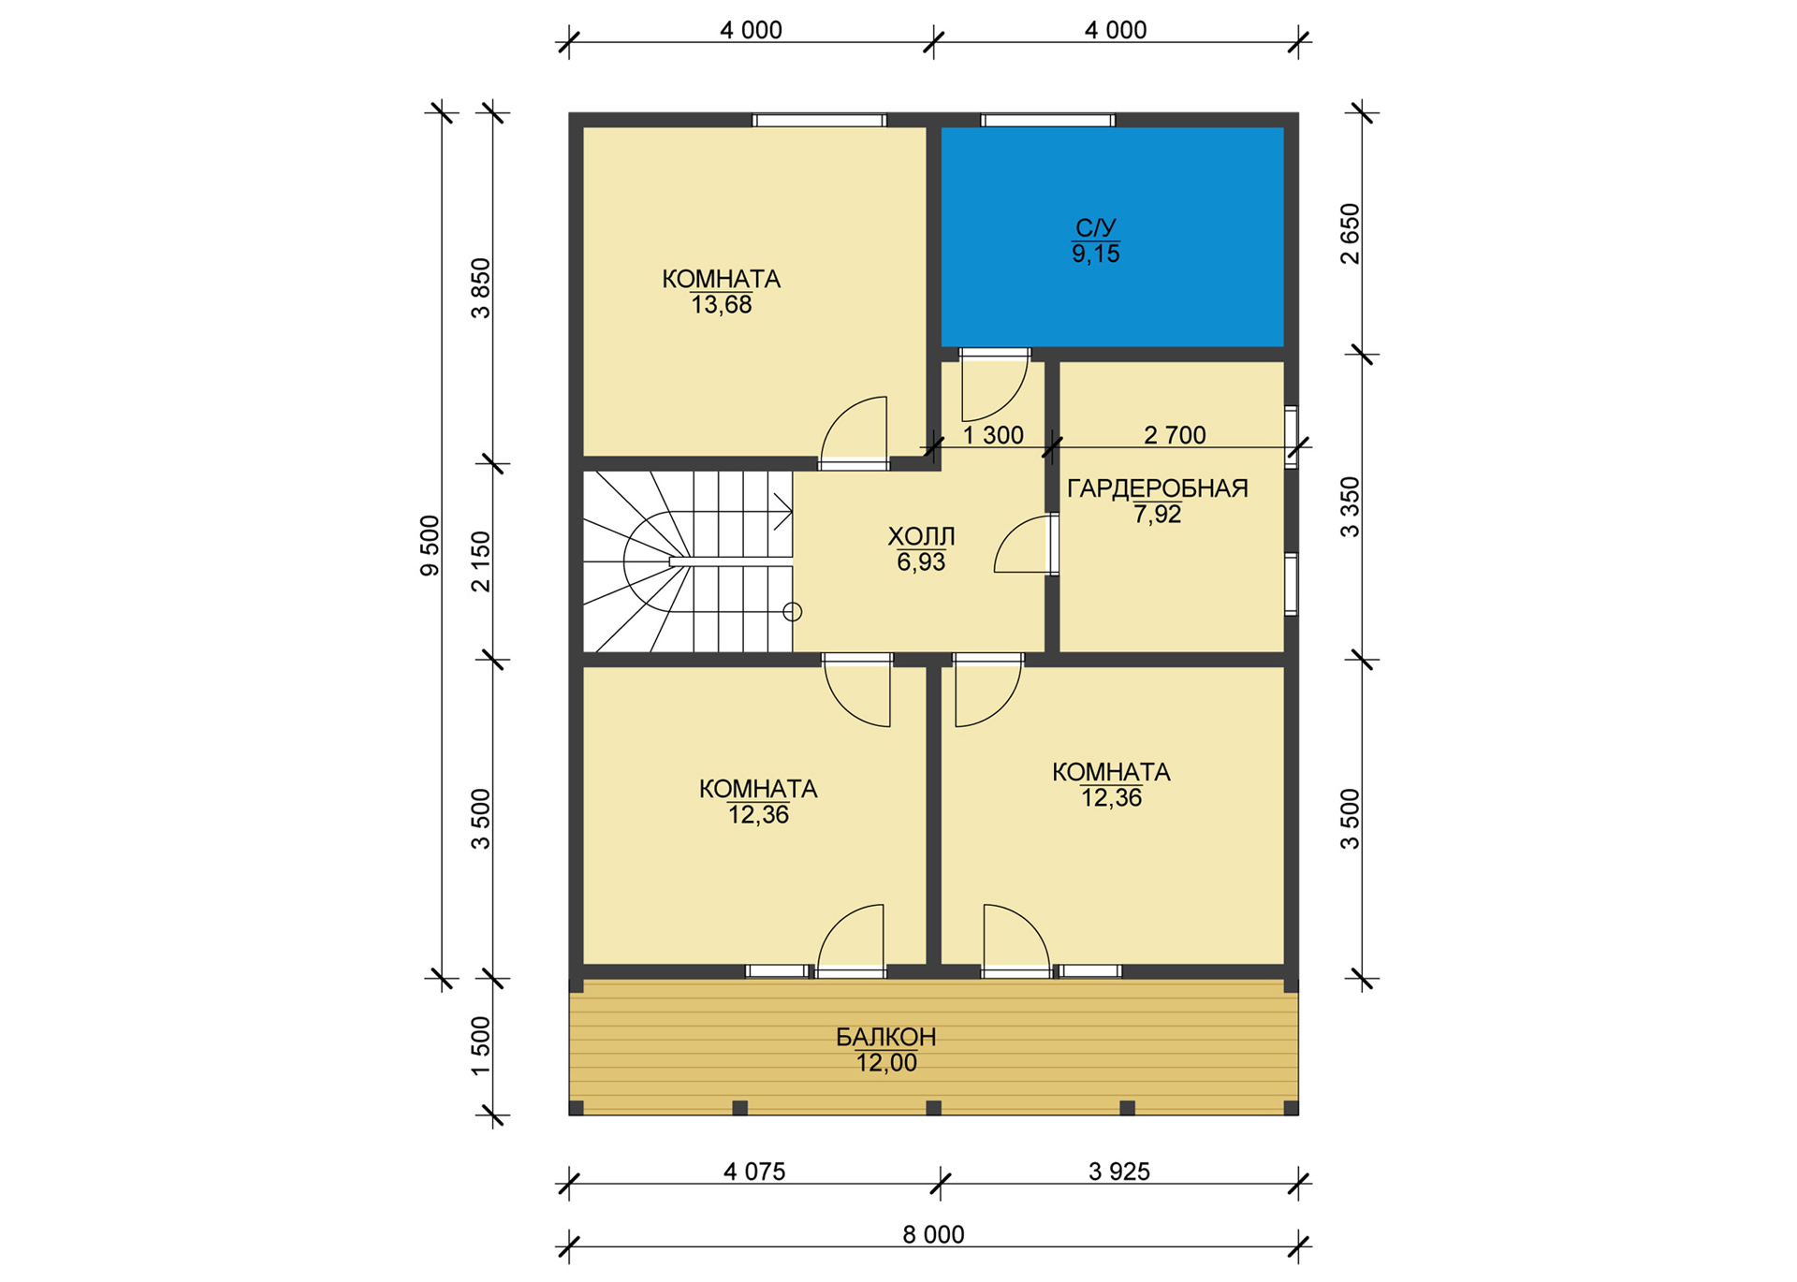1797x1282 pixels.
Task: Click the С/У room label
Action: [x=1096, y=227]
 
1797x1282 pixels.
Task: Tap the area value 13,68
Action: [x=722, y=305]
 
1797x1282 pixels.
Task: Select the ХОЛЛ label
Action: [x=921, y=536]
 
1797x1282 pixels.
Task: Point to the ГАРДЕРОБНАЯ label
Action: [x=1158, y=488]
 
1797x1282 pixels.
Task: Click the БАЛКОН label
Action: [x=886, y=1037]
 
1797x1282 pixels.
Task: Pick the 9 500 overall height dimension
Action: [x=430, y=546]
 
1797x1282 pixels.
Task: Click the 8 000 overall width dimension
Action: [x=933, y=1234]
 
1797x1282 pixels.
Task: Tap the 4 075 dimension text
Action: [x=754, y=1172]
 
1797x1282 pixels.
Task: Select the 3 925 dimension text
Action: [x=1119, y=1172]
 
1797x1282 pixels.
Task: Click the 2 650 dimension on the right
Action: [x=1350, y=234]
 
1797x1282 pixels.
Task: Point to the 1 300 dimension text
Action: [x=993, y=435]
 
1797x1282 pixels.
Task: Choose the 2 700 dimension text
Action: [x=1176, y=435]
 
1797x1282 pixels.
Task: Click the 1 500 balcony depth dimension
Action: [x=480, y=1046]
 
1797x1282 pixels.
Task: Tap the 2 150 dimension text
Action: [x=480, y=561]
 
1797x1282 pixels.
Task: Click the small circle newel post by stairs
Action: [x=793, y=612]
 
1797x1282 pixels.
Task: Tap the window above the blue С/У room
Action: [x=1048, y=120]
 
